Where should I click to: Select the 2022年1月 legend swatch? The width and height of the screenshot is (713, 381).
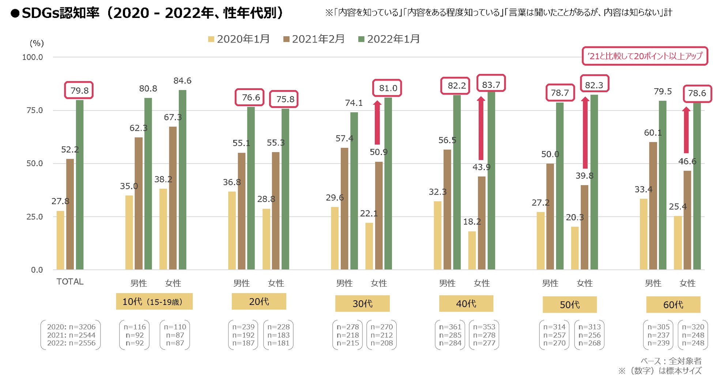(361, 39)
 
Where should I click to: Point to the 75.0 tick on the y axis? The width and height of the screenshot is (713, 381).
(34, 110)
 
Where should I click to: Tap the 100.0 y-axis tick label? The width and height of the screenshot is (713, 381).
(33, 57)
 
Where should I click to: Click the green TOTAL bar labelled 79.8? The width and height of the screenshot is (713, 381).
(79, 185)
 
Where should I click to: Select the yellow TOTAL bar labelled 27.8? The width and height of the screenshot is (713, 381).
(60, 240)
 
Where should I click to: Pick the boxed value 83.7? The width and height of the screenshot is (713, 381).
(491, 85)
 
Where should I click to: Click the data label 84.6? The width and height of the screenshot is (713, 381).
(182, 81)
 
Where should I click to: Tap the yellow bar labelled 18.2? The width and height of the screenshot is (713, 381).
(472, 250)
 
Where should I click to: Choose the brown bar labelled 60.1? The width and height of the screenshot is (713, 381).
(653, 206)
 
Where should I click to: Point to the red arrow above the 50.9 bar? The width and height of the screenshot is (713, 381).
(377, 123)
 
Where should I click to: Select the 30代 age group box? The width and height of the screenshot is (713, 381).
(362, 303)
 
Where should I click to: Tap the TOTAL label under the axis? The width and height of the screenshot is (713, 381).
(70, 282)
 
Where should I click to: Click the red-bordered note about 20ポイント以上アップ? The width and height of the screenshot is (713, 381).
(645, 56)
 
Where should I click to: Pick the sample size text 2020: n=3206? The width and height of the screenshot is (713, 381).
(71, 327)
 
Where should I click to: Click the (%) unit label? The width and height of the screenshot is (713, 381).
(37, 43)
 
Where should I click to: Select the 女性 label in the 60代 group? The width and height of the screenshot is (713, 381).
(687, 283)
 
